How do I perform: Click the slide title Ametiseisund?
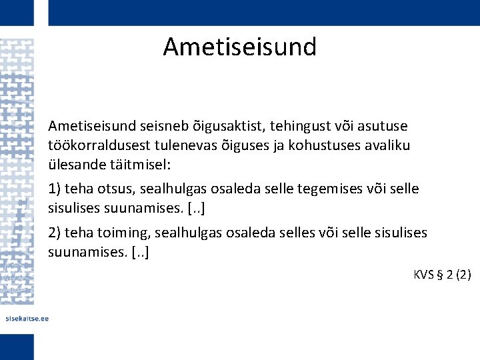tap(239, 47)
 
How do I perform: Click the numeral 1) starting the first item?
tap(55, 189)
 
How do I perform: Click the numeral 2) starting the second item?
tap(55, 233)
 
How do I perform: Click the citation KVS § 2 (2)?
tap(442, 274)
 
